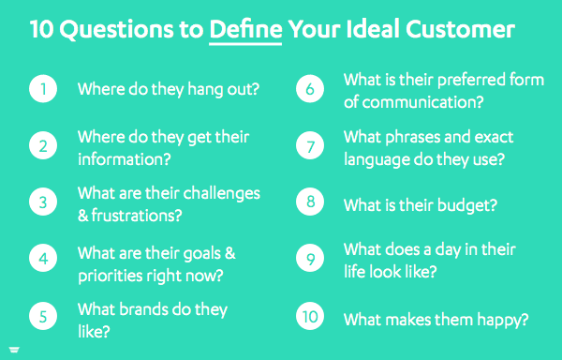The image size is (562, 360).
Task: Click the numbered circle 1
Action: click(43, 90)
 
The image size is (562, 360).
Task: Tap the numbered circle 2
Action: click(43, 147)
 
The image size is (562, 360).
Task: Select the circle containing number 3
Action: click(43, 202)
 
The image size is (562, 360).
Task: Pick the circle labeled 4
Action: click(43, 259)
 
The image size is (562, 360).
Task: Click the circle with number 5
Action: click(43, 316)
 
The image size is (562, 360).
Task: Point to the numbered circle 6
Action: click(311, 90)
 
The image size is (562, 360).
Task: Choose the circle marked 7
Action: click(311, 147)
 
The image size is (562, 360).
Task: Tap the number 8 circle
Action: click(311, 203)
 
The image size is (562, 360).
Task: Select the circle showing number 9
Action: click(311, 260)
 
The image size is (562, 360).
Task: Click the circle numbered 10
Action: click(311, 317)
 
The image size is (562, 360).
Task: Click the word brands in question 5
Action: click(149, 308)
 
